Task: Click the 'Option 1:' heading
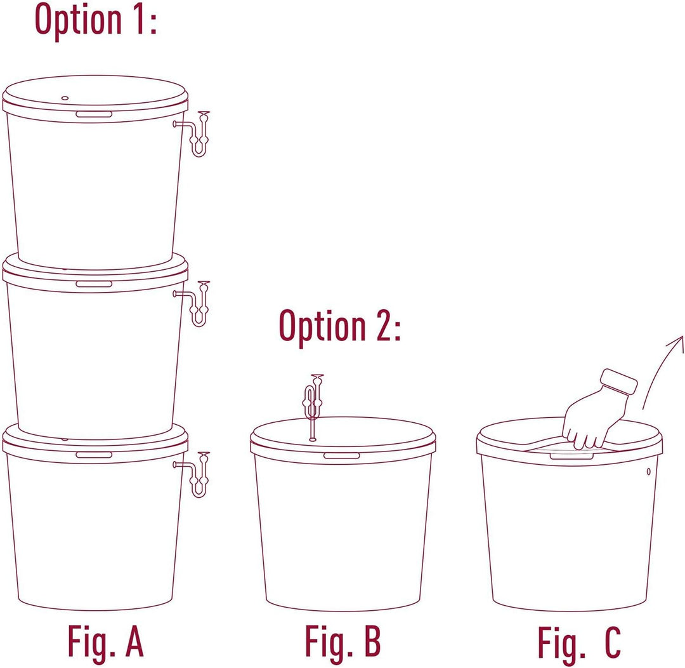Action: click(96, 20)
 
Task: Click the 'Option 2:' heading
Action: click(339, 327)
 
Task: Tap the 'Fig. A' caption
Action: click(105, 641)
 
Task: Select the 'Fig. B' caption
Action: click(343, 641)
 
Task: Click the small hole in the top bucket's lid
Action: click(65, 98)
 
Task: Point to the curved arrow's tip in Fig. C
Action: click(682, 337)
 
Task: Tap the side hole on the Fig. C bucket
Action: click(648, 472)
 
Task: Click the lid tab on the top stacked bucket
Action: click(94, 114)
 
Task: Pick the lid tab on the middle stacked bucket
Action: click(94, 284)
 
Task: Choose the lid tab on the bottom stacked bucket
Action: click(94, 455)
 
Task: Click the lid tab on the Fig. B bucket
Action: click(342, 456)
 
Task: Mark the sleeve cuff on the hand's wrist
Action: click(618, 382)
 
